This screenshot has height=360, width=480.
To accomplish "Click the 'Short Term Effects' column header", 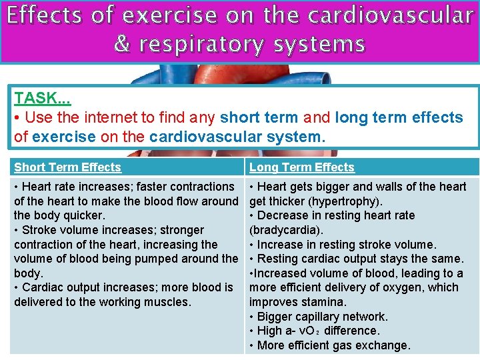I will [x=67, y=167].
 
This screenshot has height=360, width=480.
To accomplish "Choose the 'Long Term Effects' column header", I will [x=302, y=167].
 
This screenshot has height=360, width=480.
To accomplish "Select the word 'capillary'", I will [x=325, y=317].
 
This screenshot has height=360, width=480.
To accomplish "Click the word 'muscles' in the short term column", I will [x=169, y=302].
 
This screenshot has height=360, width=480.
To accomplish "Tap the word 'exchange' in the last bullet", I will [x=385, y=345].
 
